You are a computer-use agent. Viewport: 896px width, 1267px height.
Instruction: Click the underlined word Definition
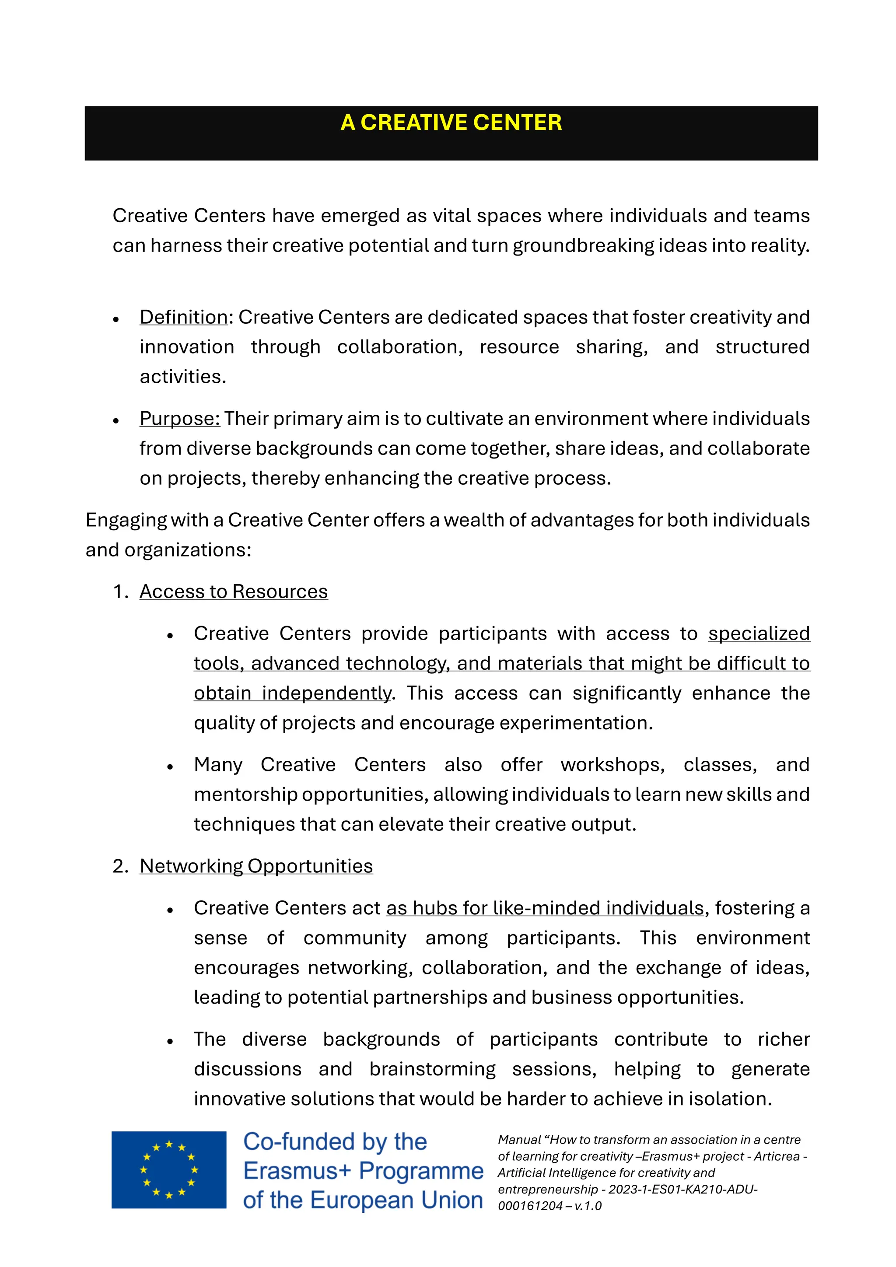click(x=183, y=317)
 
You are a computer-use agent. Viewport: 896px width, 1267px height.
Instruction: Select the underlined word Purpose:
click(x=179, y=419)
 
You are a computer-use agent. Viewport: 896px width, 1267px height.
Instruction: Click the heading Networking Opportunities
click(x=256, y=866)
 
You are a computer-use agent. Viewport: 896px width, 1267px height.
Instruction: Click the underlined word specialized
click(x=759, y=633)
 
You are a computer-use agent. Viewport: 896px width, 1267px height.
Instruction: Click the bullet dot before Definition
click(x=116, y=319)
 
